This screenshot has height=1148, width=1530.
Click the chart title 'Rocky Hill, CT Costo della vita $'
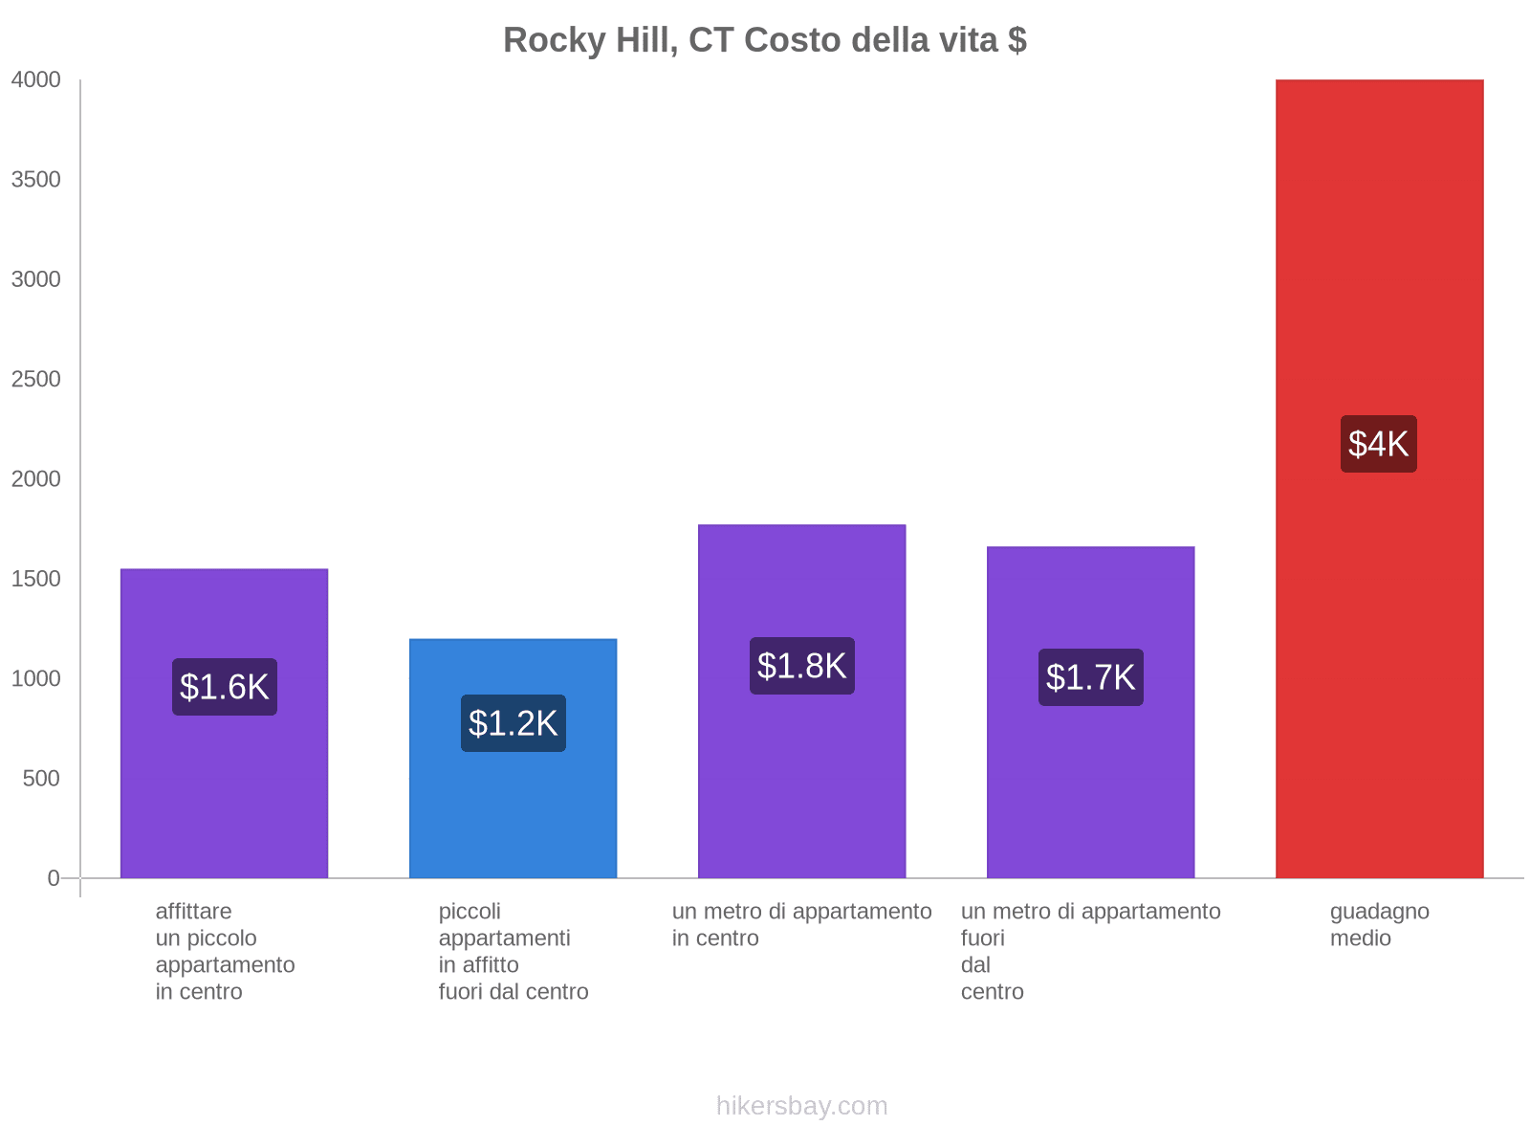point(765,40)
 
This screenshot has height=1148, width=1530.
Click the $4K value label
point(1378,444)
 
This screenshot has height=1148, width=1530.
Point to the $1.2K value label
point(513,723)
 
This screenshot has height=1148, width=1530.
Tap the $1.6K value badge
point(224,687)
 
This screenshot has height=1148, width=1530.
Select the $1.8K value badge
point(801,666)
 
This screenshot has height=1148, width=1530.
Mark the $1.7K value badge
point(1090,677)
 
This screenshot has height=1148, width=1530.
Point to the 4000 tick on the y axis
point(36,80)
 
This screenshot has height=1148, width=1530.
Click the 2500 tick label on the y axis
point(36,380)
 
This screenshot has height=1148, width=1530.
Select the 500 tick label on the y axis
point(42,779)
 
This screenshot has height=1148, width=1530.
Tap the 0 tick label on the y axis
point(54,878)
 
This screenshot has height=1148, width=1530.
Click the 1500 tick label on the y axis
point(36,579)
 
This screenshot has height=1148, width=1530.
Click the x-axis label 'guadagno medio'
point(1379,925)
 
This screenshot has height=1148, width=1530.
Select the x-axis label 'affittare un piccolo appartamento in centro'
point(225,951)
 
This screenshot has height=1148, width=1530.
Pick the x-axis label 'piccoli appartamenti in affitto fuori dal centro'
point(514,951)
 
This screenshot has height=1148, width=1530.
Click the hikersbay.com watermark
point(801,1106)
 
